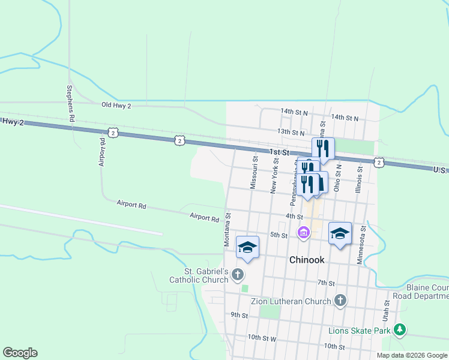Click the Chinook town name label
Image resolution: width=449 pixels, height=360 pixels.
[307, 260]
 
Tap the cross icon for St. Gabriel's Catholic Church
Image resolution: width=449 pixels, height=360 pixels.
[238, 275]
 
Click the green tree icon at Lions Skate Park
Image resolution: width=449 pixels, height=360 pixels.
[399, 330]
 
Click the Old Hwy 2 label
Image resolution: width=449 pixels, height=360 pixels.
[116, 105]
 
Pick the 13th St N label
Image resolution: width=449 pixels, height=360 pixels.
[292, 131]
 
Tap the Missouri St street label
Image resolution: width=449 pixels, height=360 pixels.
[255, 173]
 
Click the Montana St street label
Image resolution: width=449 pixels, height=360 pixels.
[228, 229]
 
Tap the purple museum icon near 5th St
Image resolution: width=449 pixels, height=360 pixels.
[304, 232]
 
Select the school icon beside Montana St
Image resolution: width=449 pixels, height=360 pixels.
[248, 247]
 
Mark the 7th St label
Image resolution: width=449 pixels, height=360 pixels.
[326, 282]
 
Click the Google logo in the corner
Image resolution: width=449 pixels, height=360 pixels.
[20, 353]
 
